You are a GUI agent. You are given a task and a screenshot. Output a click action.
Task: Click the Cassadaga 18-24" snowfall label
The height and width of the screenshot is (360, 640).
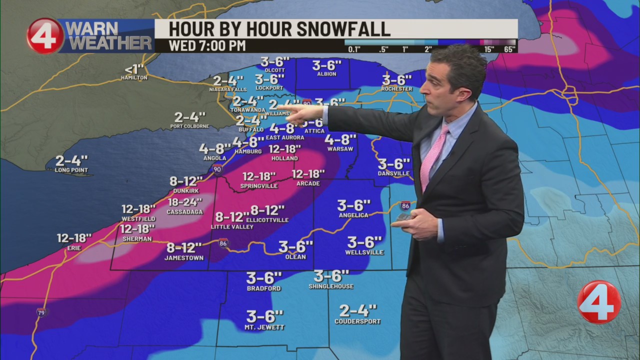(x=185, y=203)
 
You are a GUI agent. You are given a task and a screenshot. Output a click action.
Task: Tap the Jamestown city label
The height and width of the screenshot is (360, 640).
(x=184, y=258)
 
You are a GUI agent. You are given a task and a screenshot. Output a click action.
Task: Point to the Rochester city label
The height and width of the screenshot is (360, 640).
(x=397, y=89)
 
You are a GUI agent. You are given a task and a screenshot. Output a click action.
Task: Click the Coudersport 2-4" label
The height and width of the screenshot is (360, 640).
(x=357, y=321)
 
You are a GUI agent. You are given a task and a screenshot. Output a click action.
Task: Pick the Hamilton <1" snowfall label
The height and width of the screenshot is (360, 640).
(x=134, y=77)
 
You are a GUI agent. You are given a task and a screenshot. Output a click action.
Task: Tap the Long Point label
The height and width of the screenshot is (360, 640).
(x=71, y=170)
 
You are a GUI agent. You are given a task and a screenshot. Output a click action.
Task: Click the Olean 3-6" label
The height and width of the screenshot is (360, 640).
(x=295, y=247)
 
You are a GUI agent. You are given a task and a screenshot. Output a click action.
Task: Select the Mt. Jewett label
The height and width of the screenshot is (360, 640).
(x=264, y=327)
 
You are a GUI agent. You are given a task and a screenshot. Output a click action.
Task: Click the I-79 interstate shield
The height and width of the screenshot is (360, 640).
(x=41, y=312)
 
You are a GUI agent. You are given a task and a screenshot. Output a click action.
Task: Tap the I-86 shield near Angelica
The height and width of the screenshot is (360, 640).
(x=405, y=205)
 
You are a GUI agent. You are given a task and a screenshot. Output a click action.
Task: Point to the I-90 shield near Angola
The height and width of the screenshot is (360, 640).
(x=217, y=169)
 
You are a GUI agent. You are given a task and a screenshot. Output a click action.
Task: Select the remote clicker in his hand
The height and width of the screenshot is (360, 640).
(x=404, y=216)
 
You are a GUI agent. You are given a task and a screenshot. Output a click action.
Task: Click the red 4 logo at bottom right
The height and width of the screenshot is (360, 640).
(x=598, y=302)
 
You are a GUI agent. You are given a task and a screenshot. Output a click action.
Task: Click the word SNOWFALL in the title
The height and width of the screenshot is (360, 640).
(x=343, y=29)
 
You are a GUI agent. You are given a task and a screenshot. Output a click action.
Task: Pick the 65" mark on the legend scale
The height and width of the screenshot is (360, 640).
(x=509, y=49)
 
